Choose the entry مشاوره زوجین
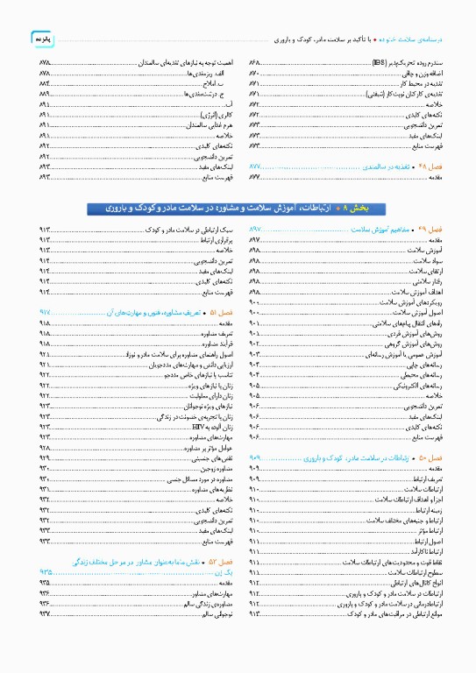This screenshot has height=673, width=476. click(x=215, y=468)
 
